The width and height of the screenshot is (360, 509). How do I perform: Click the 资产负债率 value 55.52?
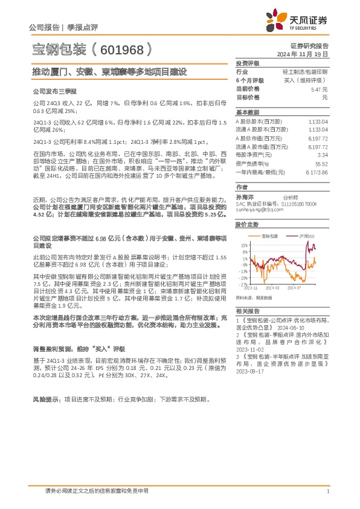point(321,163)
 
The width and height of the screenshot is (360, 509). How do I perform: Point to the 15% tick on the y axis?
point(243,245)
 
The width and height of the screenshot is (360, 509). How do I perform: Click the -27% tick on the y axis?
point(243,284)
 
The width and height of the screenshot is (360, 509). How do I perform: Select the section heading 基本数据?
point(247,112)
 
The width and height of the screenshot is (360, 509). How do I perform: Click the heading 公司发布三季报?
point(54,91)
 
